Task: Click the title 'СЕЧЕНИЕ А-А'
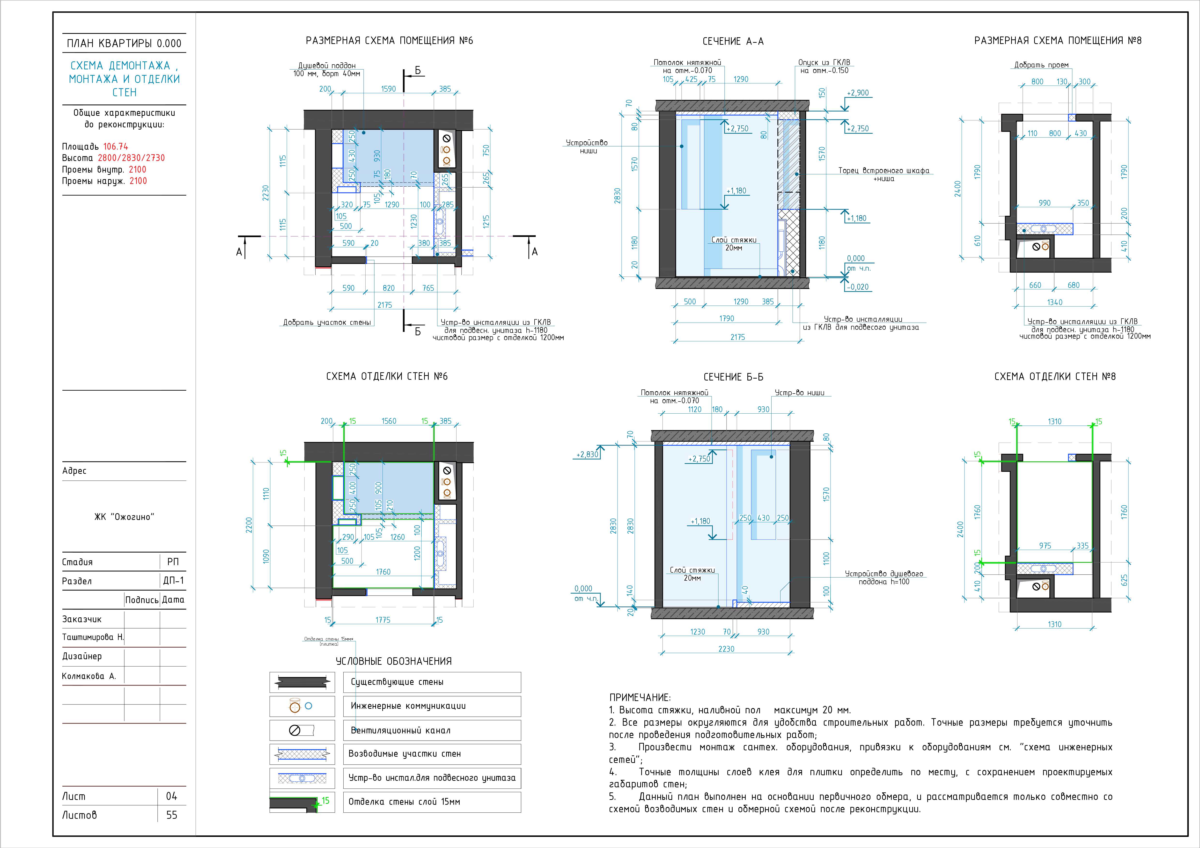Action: click(x=733, y=41)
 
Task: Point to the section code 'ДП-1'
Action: click(x=174, y=580)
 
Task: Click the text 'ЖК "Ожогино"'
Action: click(x=124, y=517)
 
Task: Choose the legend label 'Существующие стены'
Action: click(x=397, y=682)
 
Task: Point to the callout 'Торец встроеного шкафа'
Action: click(x=884, y=171)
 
